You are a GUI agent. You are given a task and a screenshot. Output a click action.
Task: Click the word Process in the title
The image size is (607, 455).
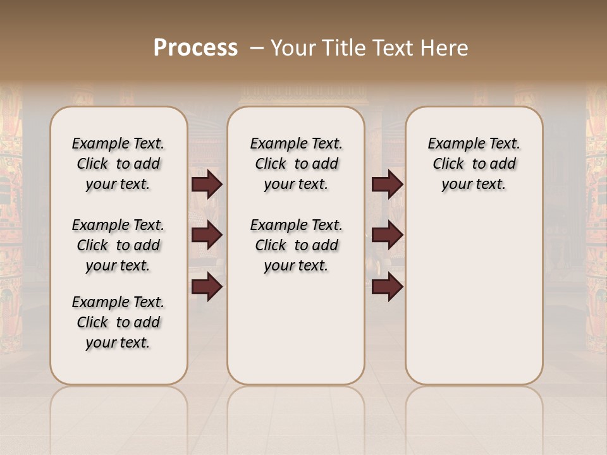(195, 48)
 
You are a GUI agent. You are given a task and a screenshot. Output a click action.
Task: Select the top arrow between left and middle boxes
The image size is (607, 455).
(207, 185)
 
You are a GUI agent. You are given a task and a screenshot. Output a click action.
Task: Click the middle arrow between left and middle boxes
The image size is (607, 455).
(207, 236)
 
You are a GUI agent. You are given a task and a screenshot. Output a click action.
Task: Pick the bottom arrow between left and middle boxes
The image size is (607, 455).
(207, 286)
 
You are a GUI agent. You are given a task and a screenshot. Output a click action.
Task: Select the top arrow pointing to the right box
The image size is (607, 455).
(387, 185)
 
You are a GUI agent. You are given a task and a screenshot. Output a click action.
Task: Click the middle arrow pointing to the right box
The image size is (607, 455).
(387, 236)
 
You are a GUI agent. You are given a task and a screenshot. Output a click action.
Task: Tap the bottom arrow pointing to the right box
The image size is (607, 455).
(387, 286)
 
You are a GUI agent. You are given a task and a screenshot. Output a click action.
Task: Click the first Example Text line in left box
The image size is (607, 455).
(118, 144)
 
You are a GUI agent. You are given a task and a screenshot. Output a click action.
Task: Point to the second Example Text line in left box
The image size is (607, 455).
(118, 226)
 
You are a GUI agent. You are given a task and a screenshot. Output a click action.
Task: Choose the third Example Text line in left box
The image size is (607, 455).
(118, 302)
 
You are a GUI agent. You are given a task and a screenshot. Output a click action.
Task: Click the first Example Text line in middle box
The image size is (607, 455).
(296, 144)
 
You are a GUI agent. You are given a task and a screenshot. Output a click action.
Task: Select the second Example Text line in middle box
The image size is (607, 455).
(296, 226)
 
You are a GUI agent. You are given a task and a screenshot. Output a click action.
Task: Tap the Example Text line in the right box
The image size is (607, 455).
(474, 144)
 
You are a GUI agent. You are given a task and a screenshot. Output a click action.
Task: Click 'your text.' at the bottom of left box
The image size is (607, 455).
(118, 343)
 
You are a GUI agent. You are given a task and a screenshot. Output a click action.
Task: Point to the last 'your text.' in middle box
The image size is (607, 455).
(296, 266)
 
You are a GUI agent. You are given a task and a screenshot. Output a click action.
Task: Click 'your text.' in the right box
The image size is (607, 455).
(474, 185)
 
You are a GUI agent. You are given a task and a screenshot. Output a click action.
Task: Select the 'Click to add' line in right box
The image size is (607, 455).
(474, 164)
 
